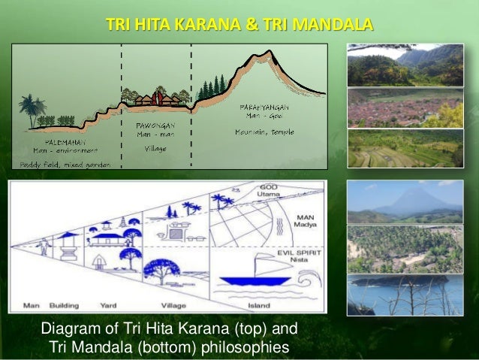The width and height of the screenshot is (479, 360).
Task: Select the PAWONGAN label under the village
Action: pyautogui.click(x=155, y=124)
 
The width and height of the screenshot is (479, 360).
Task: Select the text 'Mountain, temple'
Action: pyautogui.click(x=263, y=132)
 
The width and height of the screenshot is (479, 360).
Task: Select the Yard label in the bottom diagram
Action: pyautogui.click(x=123, y=305)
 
